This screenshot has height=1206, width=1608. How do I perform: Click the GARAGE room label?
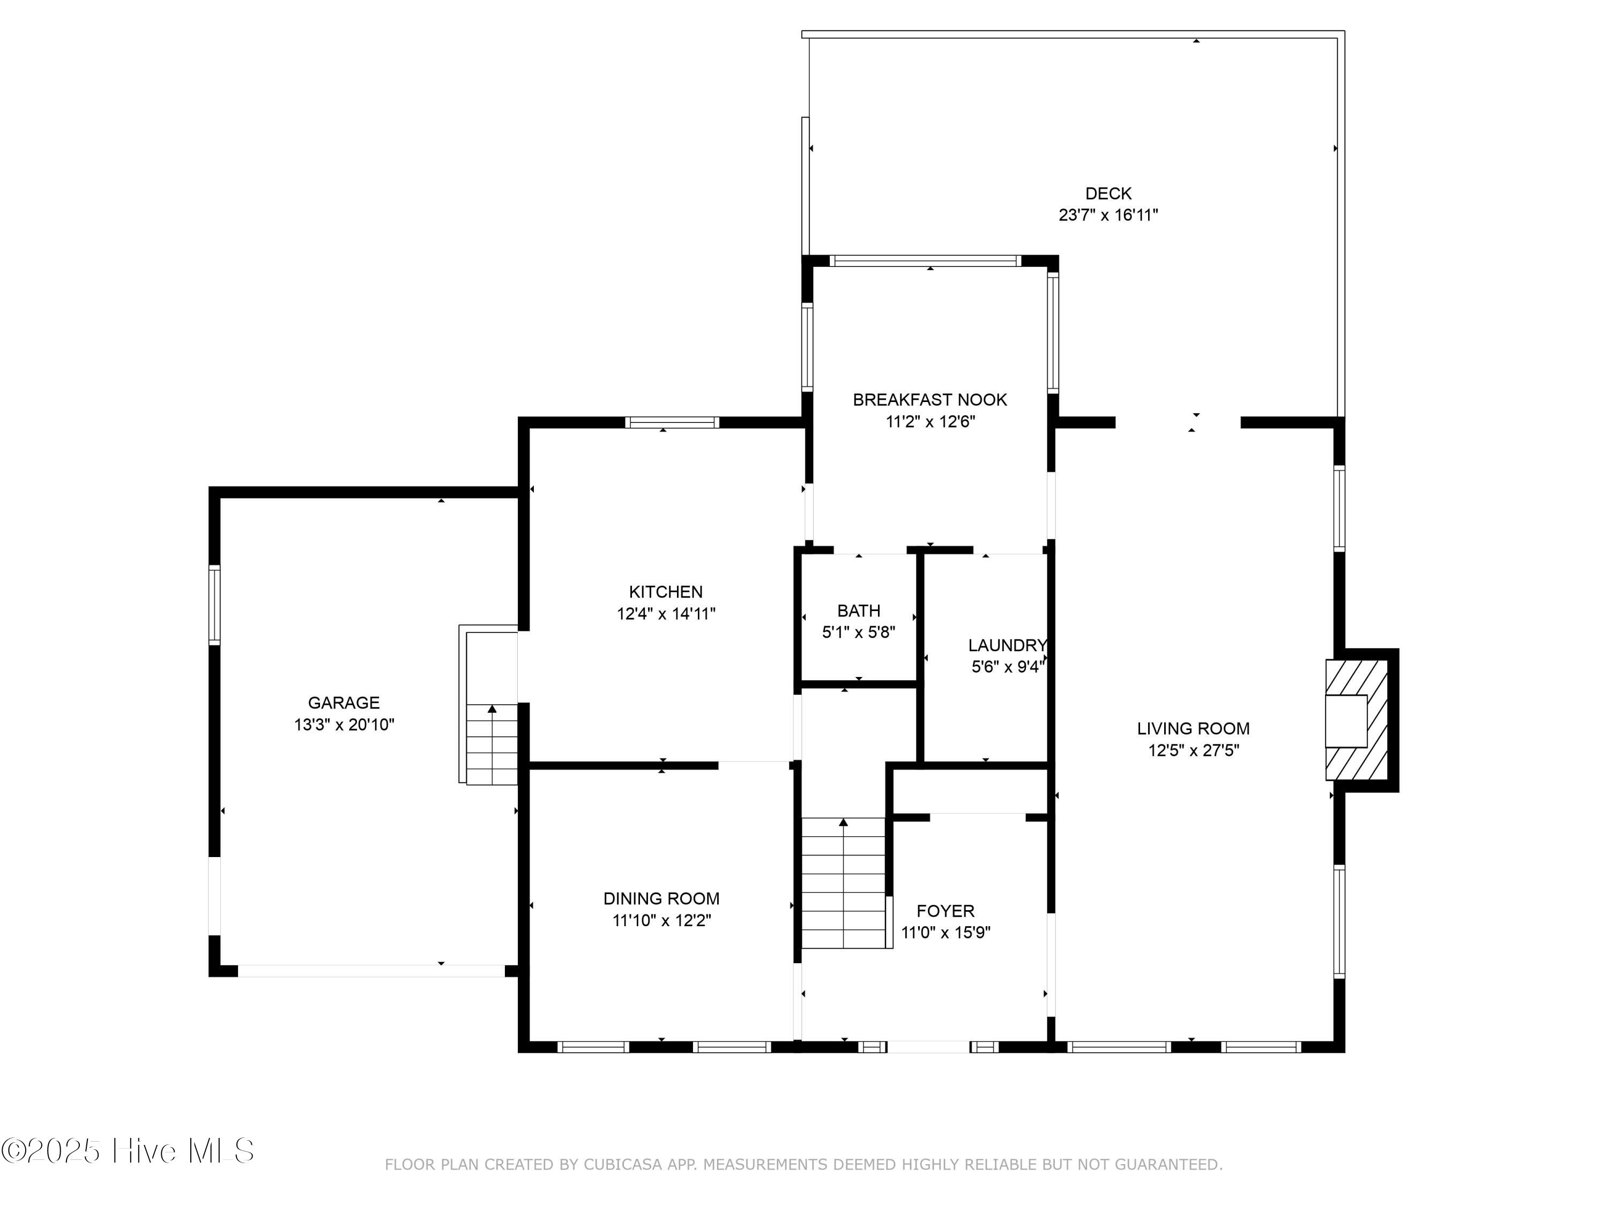pos(344,703)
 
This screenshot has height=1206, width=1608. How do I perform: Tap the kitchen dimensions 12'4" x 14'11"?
pos(666,614)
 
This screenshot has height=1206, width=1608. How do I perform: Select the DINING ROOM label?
pos(661,898)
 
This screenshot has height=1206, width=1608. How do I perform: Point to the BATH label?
pos(859,611)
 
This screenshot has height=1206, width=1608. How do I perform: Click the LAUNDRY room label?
pos(1008,645)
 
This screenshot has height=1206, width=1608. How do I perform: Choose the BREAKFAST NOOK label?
pos(930,400)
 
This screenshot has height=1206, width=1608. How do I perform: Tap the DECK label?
pos(1108,193)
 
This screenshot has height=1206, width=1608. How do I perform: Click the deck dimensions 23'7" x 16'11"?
pos(1108,215)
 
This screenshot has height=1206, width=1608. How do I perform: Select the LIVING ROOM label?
pos(1194,728)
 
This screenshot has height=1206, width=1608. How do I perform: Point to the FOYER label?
pos(946,911)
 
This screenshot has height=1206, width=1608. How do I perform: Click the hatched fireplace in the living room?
pos(1357,720)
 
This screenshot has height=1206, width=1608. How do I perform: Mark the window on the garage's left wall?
pos(214,605)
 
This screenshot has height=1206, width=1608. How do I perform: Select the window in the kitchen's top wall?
pos(673,422)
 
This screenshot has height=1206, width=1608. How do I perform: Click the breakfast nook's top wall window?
pos(925,261)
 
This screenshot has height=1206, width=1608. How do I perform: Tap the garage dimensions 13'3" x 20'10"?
pos(344,725)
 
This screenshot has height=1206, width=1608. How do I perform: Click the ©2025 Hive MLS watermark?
pos(128,1151)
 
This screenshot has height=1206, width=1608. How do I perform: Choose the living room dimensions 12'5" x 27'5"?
pos(1194,750)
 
